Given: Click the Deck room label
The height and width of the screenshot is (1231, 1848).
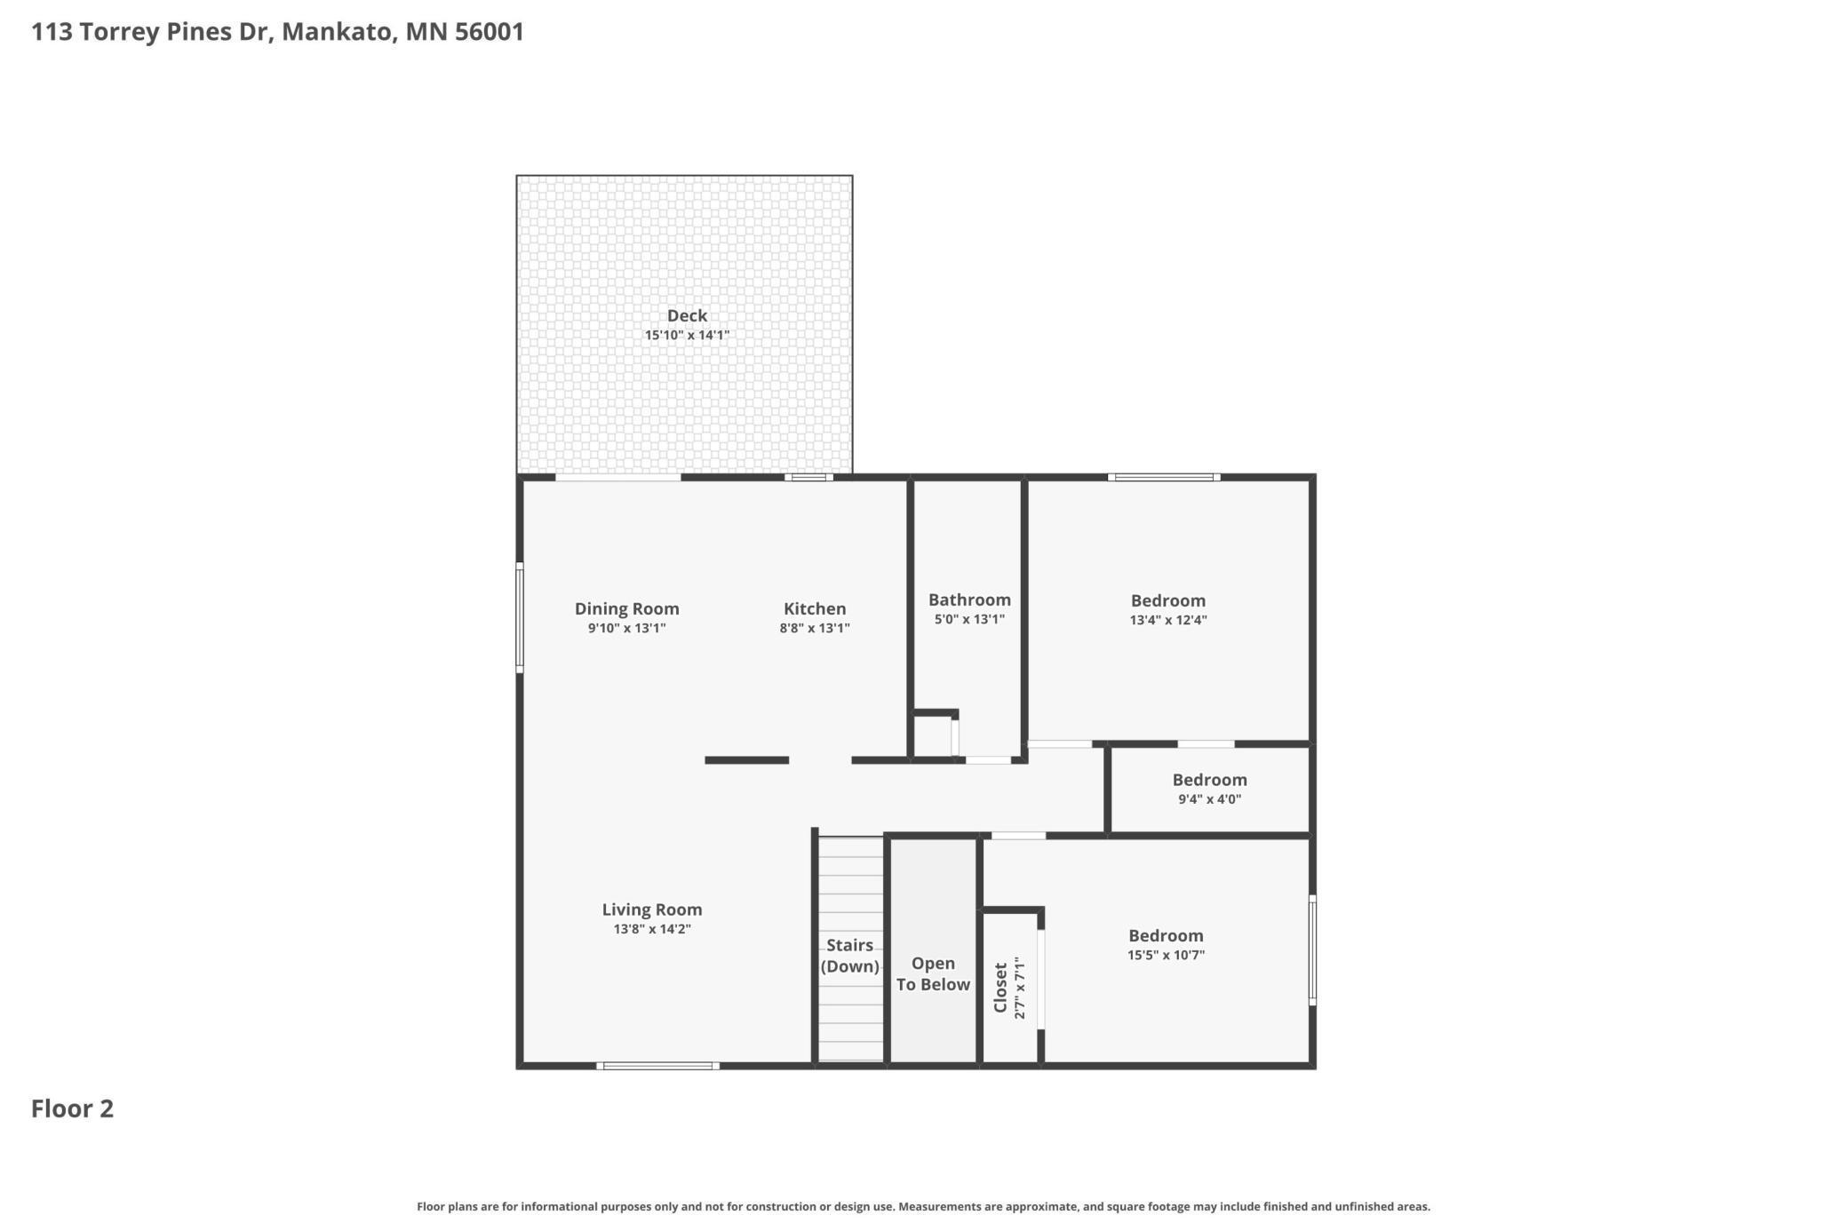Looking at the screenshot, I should tap(687, 315).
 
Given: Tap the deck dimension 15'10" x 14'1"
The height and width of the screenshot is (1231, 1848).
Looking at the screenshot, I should tap(687, 336).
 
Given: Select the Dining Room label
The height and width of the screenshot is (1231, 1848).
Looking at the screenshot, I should tap(626, 608).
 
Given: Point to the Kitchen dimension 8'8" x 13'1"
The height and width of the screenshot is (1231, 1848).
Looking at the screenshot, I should tap(815, 628).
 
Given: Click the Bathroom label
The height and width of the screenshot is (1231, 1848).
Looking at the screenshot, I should tap(969, 600).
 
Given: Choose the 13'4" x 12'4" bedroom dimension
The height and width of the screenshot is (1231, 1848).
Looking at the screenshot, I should tap(1167, 620).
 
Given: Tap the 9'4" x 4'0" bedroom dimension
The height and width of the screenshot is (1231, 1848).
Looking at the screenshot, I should tap(1209, 798).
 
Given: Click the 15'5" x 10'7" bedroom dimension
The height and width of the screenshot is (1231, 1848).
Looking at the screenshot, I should tap(1166, 955).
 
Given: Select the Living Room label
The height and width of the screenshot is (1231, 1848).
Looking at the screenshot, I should tap(652, 909).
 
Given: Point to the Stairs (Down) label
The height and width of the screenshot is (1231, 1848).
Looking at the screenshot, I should tap(849, 956).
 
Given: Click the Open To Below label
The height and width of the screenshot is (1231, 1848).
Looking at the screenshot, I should tap(933, 973).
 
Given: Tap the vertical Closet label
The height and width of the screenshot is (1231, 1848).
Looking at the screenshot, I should tap(1001, 987).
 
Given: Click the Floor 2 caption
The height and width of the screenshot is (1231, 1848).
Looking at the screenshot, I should tap(72, 1108).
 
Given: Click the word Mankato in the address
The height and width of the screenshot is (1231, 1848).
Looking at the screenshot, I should tap(337, 32).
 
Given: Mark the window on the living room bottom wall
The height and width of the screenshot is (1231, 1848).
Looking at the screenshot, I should tap(657, 1065).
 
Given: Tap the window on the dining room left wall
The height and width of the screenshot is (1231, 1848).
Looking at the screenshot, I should tap(520, 617).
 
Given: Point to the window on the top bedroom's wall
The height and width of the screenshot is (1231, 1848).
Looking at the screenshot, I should tap(1163, 478).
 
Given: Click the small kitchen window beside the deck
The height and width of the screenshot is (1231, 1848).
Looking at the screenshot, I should tap(808, 478).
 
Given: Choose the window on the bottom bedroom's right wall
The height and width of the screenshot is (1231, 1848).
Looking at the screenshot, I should tap(1312, 950).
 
